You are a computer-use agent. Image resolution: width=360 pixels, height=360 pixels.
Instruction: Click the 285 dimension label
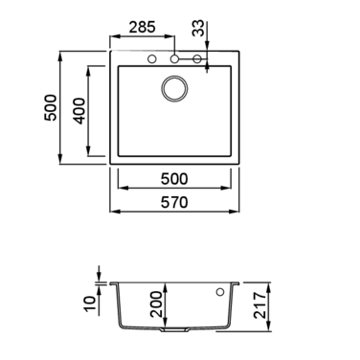pos(142,27)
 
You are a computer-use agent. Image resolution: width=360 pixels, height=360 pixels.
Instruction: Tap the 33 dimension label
pos(198,28)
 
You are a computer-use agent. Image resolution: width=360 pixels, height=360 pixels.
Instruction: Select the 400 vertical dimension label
pos(79,111)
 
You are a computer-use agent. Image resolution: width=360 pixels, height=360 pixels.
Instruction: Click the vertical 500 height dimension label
pos(51,107)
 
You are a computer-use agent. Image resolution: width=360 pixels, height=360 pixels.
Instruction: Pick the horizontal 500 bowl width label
pos(174,179)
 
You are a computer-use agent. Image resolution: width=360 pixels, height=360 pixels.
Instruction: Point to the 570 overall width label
pos(174,202)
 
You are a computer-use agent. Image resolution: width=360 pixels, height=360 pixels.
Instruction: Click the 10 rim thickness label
pos(90,304)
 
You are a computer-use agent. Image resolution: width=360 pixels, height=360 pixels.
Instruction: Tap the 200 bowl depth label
pos(157,304)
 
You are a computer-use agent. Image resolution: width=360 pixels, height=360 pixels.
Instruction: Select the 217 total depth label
pos(260,305)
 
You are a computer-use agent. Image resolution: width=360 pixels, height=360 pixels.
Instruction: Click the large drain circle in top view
pos(174,77)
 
